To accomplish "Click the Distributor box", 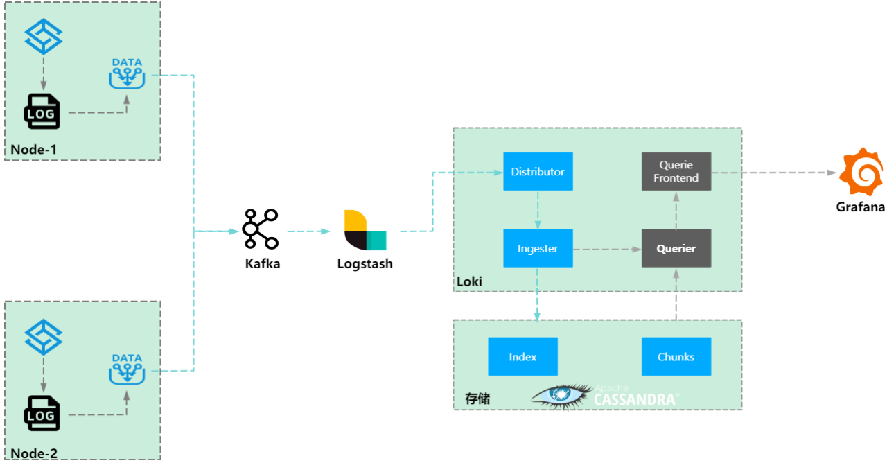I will pos(538,171).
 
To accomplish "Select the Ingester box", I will pos(538,248).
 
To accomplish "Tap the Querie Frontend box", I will pos(676,171).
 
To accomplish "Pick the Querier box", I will pos(676,248).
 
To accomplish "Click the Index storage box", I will pos(522,357).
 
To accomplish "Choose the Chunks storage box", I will pos(676,357).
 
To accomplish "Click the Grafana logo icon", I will pos(861,171).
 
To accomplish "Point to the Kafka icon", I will pos(261,229).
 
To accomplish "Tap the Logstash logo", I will pos(365,229).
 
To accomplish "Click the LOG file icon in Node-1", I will pos(42,111).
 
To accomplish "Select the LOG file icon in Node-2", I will pos(42,413).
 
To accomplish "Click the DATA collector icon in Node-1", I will pos(127,73).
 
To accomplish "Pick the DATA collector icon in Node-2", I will pos(127,369).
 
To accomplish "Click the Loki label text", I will pos(469,282).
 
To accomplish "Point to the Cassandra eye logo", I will pos(561,395).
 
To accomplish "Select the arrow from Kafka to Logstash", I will pos(308,231).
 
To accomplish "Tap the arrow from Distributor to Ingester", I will pos(538,209).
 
